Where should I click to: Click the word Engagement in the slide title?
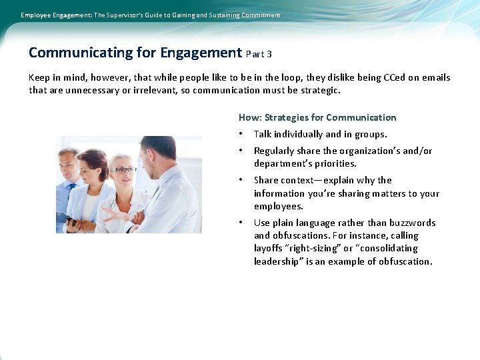pos(201,53)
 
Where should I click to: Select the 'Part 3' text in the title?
pos(259,54)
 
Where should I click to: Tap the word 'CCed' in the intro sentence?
pos(395,77)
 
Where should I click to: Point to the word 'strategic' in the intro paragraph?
pos(319,90)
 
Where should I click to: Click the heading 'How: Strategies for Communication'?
pos(317,117)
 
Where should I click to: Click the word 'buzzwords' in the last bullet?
pos(413,223)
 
